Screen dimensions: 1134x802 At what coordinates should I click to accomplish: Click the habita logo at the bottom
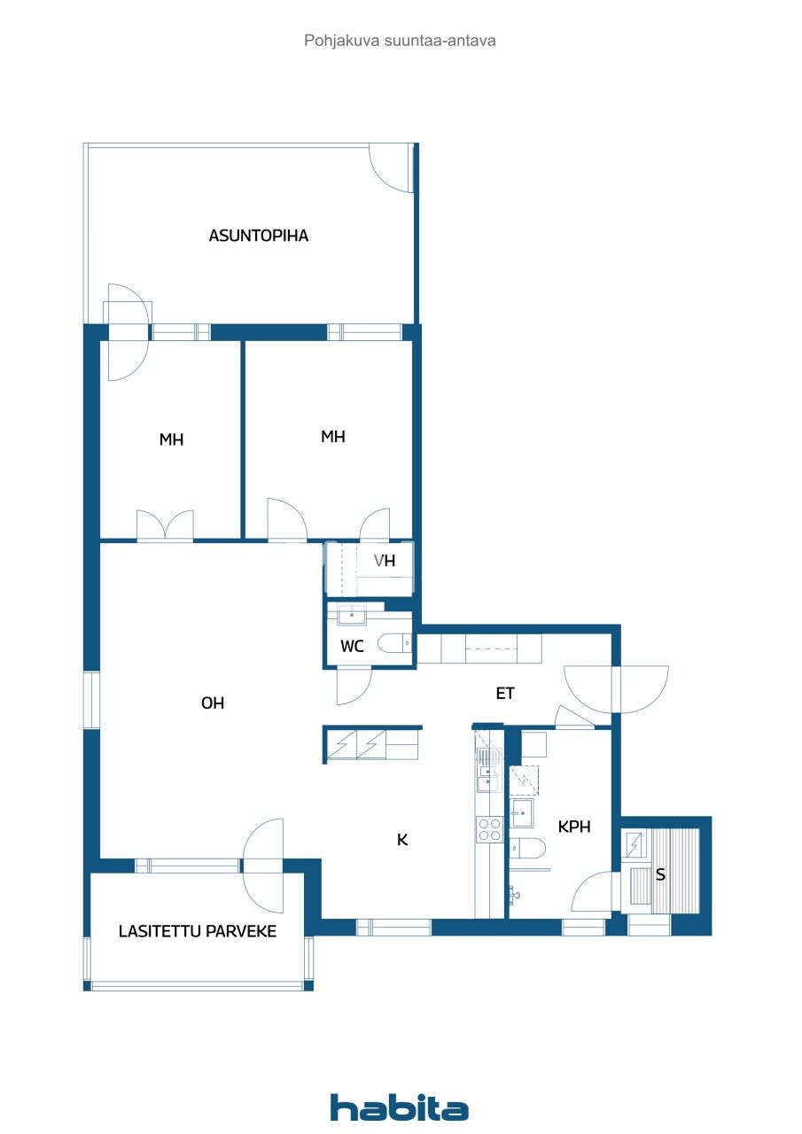pos(400,1107)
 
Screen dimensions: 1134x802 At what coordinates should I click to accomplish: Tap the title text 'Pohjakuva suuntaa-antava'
pos(400,41)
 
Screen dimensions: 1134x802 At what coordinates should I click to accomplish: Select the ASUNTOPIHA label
pos(259,236)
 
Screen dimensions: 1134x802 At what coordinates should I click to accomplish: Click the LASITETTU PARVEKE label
pos(198,931)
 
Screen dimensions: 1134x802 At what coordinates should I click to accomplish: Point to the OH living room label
pos(213,703)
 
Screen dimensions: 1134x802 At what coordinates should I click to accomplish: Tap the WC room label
pos(353,647)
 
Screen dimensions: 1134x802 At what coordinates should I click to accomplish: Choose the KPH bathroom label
pos(573,827)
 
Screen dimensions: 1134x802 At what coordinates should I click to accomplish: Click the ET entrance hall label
pos(505,694)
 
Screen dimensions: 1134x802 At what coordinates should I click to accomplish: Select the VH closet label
pos(384,561)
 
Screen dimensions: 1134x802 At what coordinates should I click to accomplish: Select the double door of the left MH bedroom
pos(165,525)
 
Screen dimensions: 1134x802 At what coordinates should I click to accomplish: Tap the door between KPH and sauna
pos(593,891)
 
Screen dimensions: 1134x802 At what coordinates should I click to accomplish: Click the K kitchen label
pos(401,840)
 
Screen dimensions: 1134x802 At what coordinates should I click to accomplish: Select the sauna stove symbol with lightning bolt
pos(635,843)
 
